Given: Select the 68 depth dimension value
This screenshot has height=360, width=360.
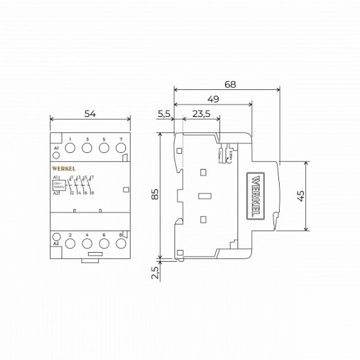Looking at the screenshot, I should [x=230, y=84].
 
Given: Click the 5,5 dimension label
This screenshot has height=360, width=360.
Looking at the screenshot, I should [x=165, y=114].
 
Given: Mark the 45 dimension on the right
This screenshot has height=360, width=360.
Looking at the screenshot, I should [x=300, y=196].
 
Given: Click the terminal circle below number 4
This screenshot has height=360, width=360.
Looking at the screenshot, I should [x=87, y=244].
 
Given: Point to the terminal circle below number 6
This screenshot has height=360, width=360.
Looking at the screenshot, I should [x=104, y=244].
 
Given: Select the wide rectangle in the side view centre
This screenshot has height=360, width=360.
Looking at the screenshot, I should [x=205, y=196].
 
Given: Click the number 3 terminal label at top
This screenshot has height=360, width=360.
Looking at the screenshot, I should [x=87, y=140].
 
